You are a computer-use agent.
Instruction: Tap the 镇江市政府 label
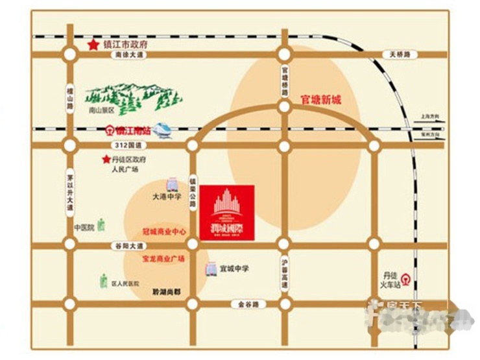(x=126, y=45)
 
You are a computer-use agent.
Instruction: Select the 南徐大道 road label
(x=127, y=56)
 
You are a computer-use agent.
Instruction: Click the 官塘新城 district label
(x=320, y=101)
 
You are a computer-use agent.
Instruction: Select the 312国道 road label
(x=123, y=145)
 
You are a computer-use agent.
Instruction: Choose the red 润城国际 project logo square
(x=227, y=211)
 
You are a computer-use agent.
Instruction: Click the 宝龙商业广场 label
(x=163, y=258)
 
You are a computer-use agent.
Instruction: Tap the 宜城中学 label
(x=234, y=269)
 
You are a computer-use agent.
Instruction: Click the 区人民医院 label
(x=125, y=284)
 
